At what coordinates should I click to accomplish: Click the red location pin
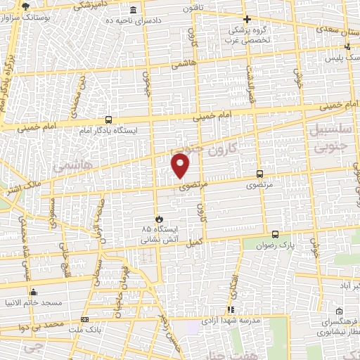[x=181, y=166]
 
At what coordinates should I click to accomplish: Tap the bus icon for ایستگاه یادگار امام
[x=108, y=120]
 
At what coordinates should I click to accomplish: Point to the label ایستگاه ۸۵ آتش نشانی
[x=156, y=234]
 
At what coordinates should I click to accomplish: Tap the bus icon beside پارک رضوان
[x=274, y=235]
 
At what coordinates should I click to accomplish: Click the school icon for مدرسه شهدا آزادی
[x=231, y=309]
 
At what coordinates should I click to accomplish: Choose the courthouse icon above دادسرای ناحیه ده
[x=134, y=9]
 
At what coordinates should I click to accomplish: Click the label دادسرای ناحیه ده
[x=134, y=20]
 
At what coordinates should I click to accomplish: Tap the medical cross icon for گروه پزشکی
[x=246, y=20]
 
